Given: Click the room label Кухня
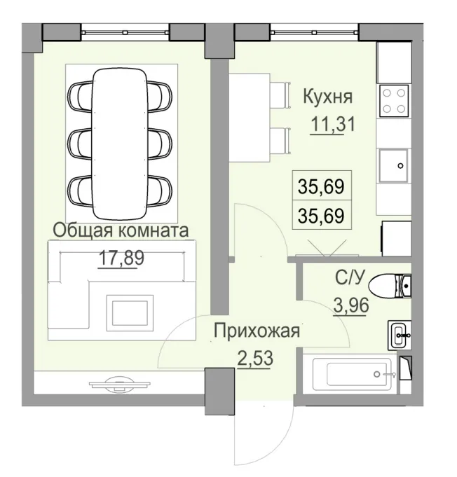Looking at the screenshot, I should (x=327, y=97).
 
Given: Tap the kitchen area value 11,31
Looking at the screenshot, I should (x=333, y=125).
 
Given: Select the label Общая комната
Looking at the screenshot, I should (x=121, y=230).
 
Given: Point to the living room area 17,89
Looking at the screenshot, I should (x=121, y=258).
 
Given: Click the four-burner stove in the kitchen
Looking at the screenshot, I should (x=394, y=101).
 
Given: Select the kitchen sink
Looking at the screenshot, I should (x=394, y=166).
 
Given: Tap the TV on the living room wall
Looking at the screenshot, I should (x=119, y=382).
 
